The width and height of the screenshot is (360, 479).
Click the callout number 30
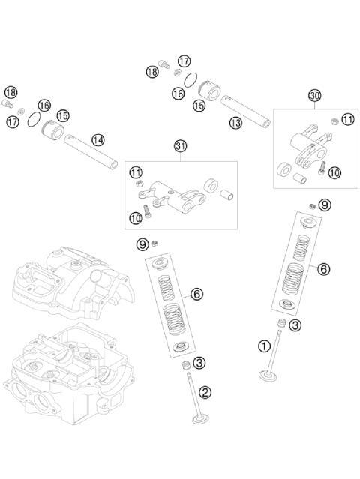tap(314, 96)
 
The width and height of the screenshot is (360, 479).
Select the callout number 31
tap(180, 146)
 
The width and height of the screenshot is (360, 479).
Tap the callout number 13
tap(235, 123)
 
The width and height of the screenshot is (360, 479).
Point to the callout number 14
tap(98, 140)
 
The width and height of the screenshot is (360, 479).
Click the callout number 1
tap(264, 346)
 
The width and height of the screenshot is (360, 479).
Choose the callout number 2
tap(205, 392)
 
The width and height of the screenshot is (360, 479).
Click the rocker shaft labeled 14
tap(91, 151)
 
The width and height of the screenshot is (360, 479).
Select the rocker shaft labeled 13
tap(245, 112)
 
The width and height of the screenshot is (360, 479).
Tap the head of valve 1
tap(268, 376)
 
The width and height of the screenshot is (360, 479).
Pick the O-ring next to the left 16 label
tap(34, 119)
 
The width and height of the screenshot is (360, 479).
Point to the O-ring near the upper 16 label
tap(190, 80)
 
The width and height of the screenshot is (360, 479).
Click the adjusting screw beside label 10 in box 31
tap(147, 211)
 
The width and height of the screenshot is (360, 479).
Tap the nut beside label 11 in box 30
tap(335, 121)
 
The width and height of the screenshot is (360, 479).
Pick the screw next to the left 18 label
tap(7, 104)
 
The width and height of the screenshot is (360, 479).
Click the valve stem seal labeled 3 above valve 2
tap(185, 365)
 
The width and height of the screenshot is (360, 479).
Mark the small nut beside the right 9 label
tap(312, 206)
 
